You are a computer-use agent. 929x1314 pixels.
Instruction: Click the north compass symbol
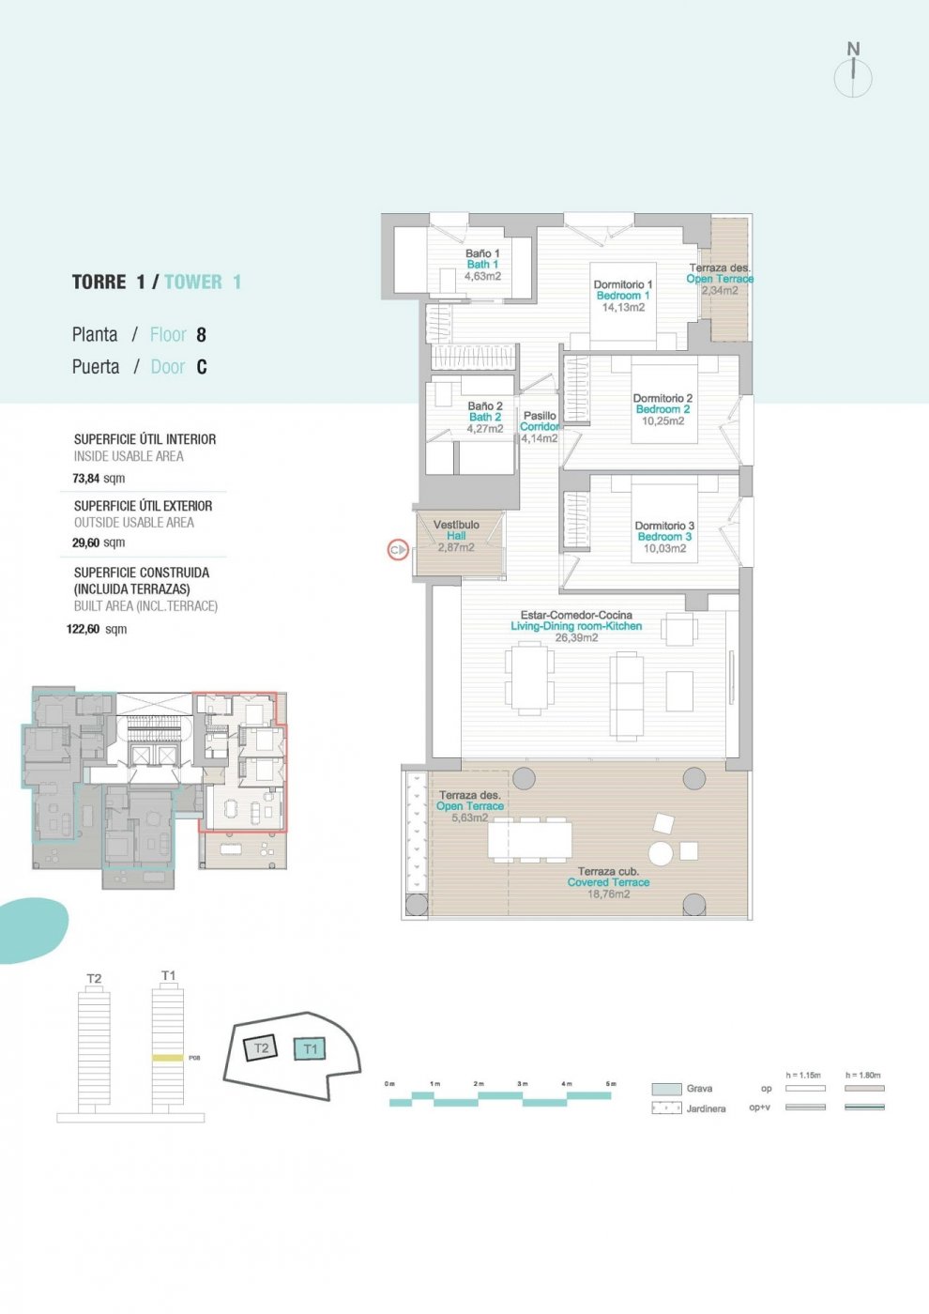[x=853, y=73]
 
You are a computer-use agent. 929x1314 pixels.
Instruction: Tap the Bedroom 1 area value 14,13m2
[x=623, y=308]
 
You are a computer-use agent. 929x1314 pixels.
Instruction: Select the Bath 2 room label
[x=485, y=417]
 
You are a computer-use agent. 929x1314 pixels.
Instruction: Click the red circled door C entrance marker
[x=397, y=550]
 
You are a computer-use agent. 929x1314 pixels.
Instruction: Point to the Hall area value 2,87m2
[x=456, y=547]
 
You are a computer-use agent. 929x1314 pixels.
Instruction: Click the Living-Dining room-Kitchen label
[x=576, y=626]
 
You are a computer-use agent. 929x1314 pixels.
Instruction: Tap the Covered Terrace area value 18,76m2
[x=608, y=894]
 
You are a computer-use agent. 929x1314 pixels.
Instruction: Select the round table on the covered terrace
[x=661, y=853]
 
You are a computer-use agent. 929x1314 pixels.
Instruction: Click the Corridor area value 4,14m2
[x=540, y=438]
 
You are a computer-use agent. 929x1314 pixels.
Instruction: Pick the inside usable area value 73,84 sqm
[x=99, y=479]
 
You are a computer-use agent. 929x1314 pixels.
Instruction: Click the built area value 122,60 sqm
[x=96, y=629]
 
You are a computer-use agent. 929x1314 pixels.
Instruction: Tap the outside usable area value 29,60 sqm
[x=99, y=542]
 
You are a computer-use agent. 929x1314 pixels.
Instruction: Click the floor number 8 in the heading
[x=201, y=335]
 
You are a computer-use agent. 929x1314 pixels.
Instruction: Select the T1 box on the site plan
[x=310, y=1049]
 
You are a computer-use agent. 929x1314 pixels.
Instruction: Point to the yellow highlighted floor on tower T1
[x=168, y=1058]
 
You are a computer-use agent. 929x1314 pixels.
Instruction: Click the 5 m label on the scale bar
[x=611, y=1084]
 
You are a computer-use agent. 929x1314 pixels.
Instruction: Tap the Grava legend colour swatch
[x=666, y=1089]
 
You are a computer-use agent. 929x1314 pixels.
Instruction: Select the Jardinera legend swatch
[x=666, y=1108]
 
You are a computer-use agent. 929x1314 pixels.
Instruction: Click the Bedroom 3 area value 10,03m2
[x=664, y=549]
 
